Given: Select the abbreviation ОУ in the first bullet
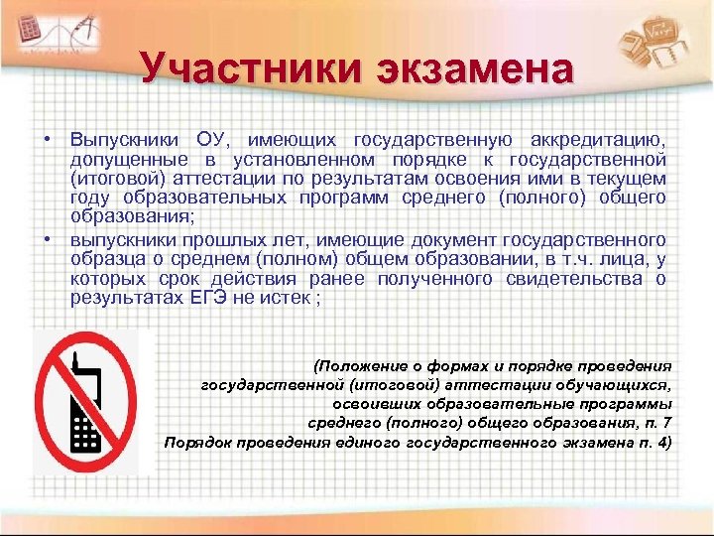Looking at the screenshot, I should [x=215, y=138].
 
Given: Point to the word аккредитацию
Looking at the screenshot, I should [x=599, y=138].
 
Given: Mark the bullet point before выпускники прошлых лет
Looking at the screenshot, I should [x=48, y=239].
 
